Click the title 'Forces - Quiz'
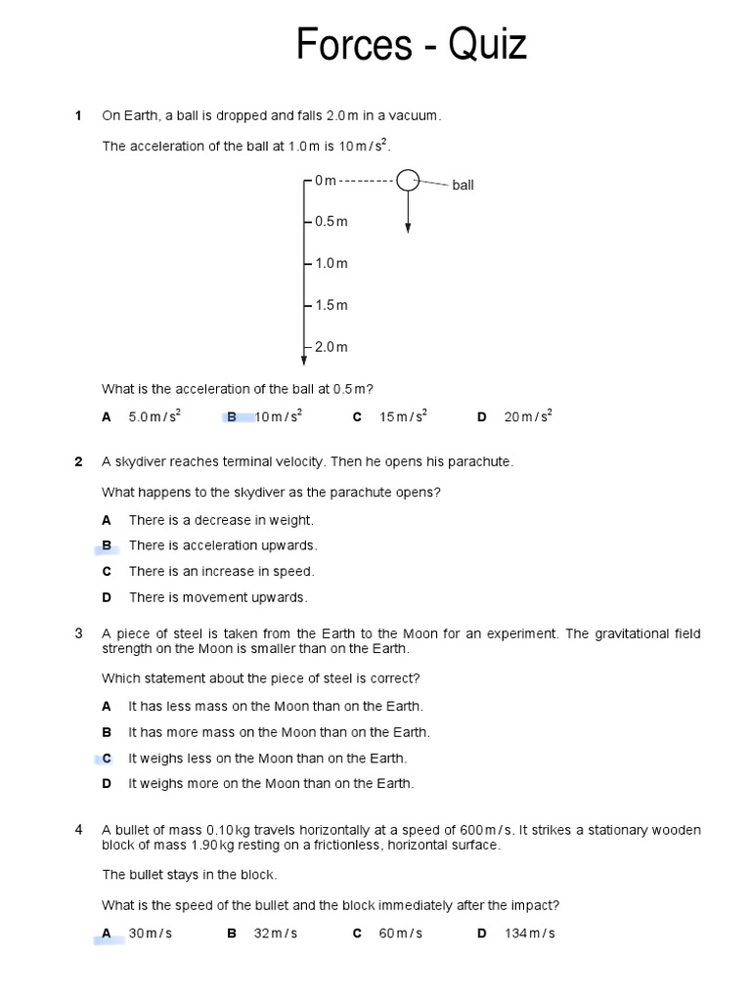(x=412, y=45)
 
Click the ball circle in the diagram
(x=408, y=180)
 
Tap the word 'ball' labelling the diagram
(x=463, y=185)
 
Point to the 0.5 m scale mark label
(x=331, y=222)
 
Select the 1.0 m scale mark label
(x=331, y=264)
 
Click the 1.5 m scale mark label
(x=331, y=306)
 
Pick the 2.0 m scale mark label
(x=331, y=347)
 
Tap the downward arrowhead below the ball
(x=408, y=228)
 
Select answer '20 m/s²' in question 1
(x=528, y=416)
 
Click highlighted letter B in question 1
(x=233, y=417)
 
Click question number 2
(x=79, y=461)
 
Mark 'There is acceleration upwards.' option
(x=223, y=545)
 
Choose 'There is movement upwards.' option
(x=217, y=597)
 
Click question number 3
(x=79, y=633)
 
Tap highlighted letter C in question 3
(x=107, y=759)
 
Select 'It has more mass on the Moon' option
(x=279, y=732)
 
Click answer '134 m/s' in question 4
(x=529, y=934)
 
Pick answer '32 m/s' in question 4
(x=276, y=934)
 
